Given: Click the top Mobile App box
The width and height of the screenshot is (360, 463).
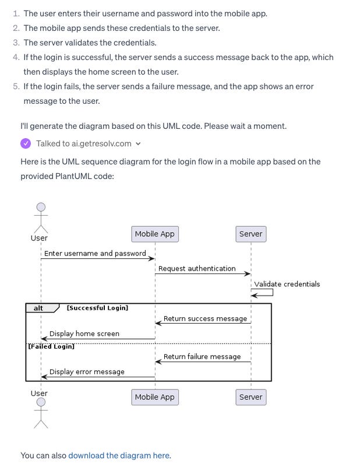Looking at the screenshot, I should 154,234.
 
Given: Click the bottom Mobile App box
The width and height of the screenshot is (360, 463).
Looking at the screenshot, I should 154,397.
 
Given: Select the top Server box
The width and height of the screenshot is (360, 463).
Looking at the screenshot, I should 250,234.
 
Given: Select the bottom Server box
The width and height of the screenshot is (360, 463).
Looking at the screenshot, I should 250,397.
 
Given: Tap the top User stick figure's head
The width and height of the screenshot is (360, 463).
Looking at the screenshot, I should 41,207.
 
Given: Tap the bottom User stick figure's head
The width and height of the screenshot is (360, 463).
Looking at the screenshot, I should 41,402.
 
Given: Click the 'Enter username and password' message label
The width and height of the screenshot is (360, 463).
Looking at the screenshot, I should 95,254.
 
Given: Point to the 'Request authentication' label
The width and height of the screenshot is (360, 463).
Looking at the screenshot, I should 197,269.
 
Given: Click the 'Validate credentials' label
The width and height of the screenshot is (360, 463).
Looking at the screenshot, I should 287,284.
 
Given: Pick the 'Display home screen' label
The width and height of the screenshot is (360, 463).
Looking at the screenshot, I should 84,334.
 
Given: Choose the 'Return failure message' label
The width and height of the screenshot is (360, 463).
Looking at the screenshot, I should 202,357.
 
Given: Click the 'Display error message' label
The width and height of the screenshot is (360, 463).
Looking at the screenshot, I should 87,372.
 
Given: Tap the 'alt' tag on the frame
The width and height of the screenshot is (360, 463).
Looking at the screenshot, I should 38,308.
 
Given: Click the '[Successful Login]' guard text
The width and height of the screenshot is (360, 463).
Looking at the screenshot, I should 97,308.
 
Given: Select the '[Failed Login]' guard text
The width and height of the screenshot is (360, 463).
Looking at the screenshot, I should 51,346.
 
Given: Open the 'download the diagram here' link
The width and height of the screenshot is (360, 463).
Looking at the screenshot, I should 119,455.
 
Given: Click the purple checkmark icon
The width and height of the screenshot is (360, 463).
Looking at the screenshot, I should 26,143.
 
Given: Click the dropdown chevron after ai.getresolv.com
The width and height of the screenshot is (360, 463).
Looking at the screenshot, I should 138,144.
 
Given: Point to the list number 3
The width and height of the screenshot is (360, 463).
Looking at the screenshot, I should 16,43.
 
